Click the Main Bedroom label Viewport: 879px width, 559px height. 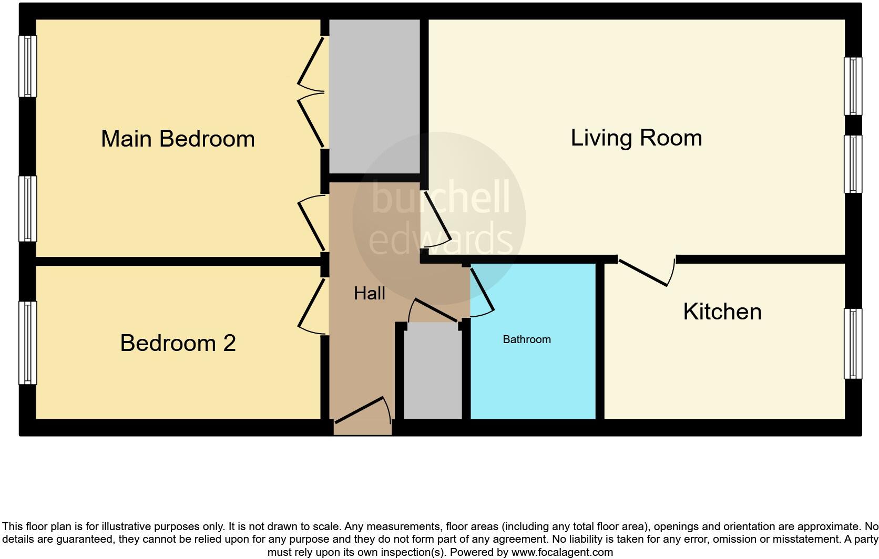(178, 139)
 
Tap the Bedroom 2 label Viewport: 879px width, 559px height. (178, 343)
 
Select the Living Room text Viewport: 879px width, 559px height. (636, 138)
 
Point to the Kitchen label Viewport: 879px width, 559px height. (722, 312)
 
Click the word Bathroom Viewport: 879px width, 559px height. (527, 339)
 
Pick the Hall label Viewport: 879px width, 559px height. (369, 293)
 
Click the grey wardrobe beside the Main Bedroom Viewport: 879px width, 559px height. (374, 97)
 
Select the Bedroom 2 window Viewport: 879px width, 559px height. (28, 343)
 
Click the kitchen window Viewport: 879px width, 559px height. (853, 344)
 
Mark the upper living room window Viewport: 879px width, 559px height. (853, 86)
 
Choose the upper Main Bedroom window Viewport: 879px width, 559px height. (28, 66)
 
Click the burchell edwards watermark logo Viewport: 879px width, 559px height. (439, 219)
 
